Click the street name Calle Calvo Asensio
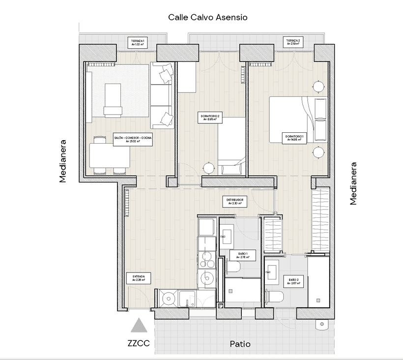pyautogui.click(x=208, y=17)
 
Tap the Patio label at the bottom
pyautogui.click(x=240, y=344)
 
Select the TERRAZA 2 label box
pyautogui.click(x=292, y=42)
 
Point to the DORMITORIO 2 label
pyautogui.click(x=212, y=118)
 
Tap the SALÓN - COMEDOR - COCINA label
pyautogui.click(x=133, y=139)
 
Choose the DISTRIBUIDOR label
pyautogui.click(x=235, y=202)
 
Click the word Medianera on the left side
pyautogui.click(x=63, y=163)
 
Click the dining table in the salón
pyautogui.click(x=109, y=156)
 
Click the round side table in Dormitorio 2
pyautogui.click(x=209, y=168)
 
